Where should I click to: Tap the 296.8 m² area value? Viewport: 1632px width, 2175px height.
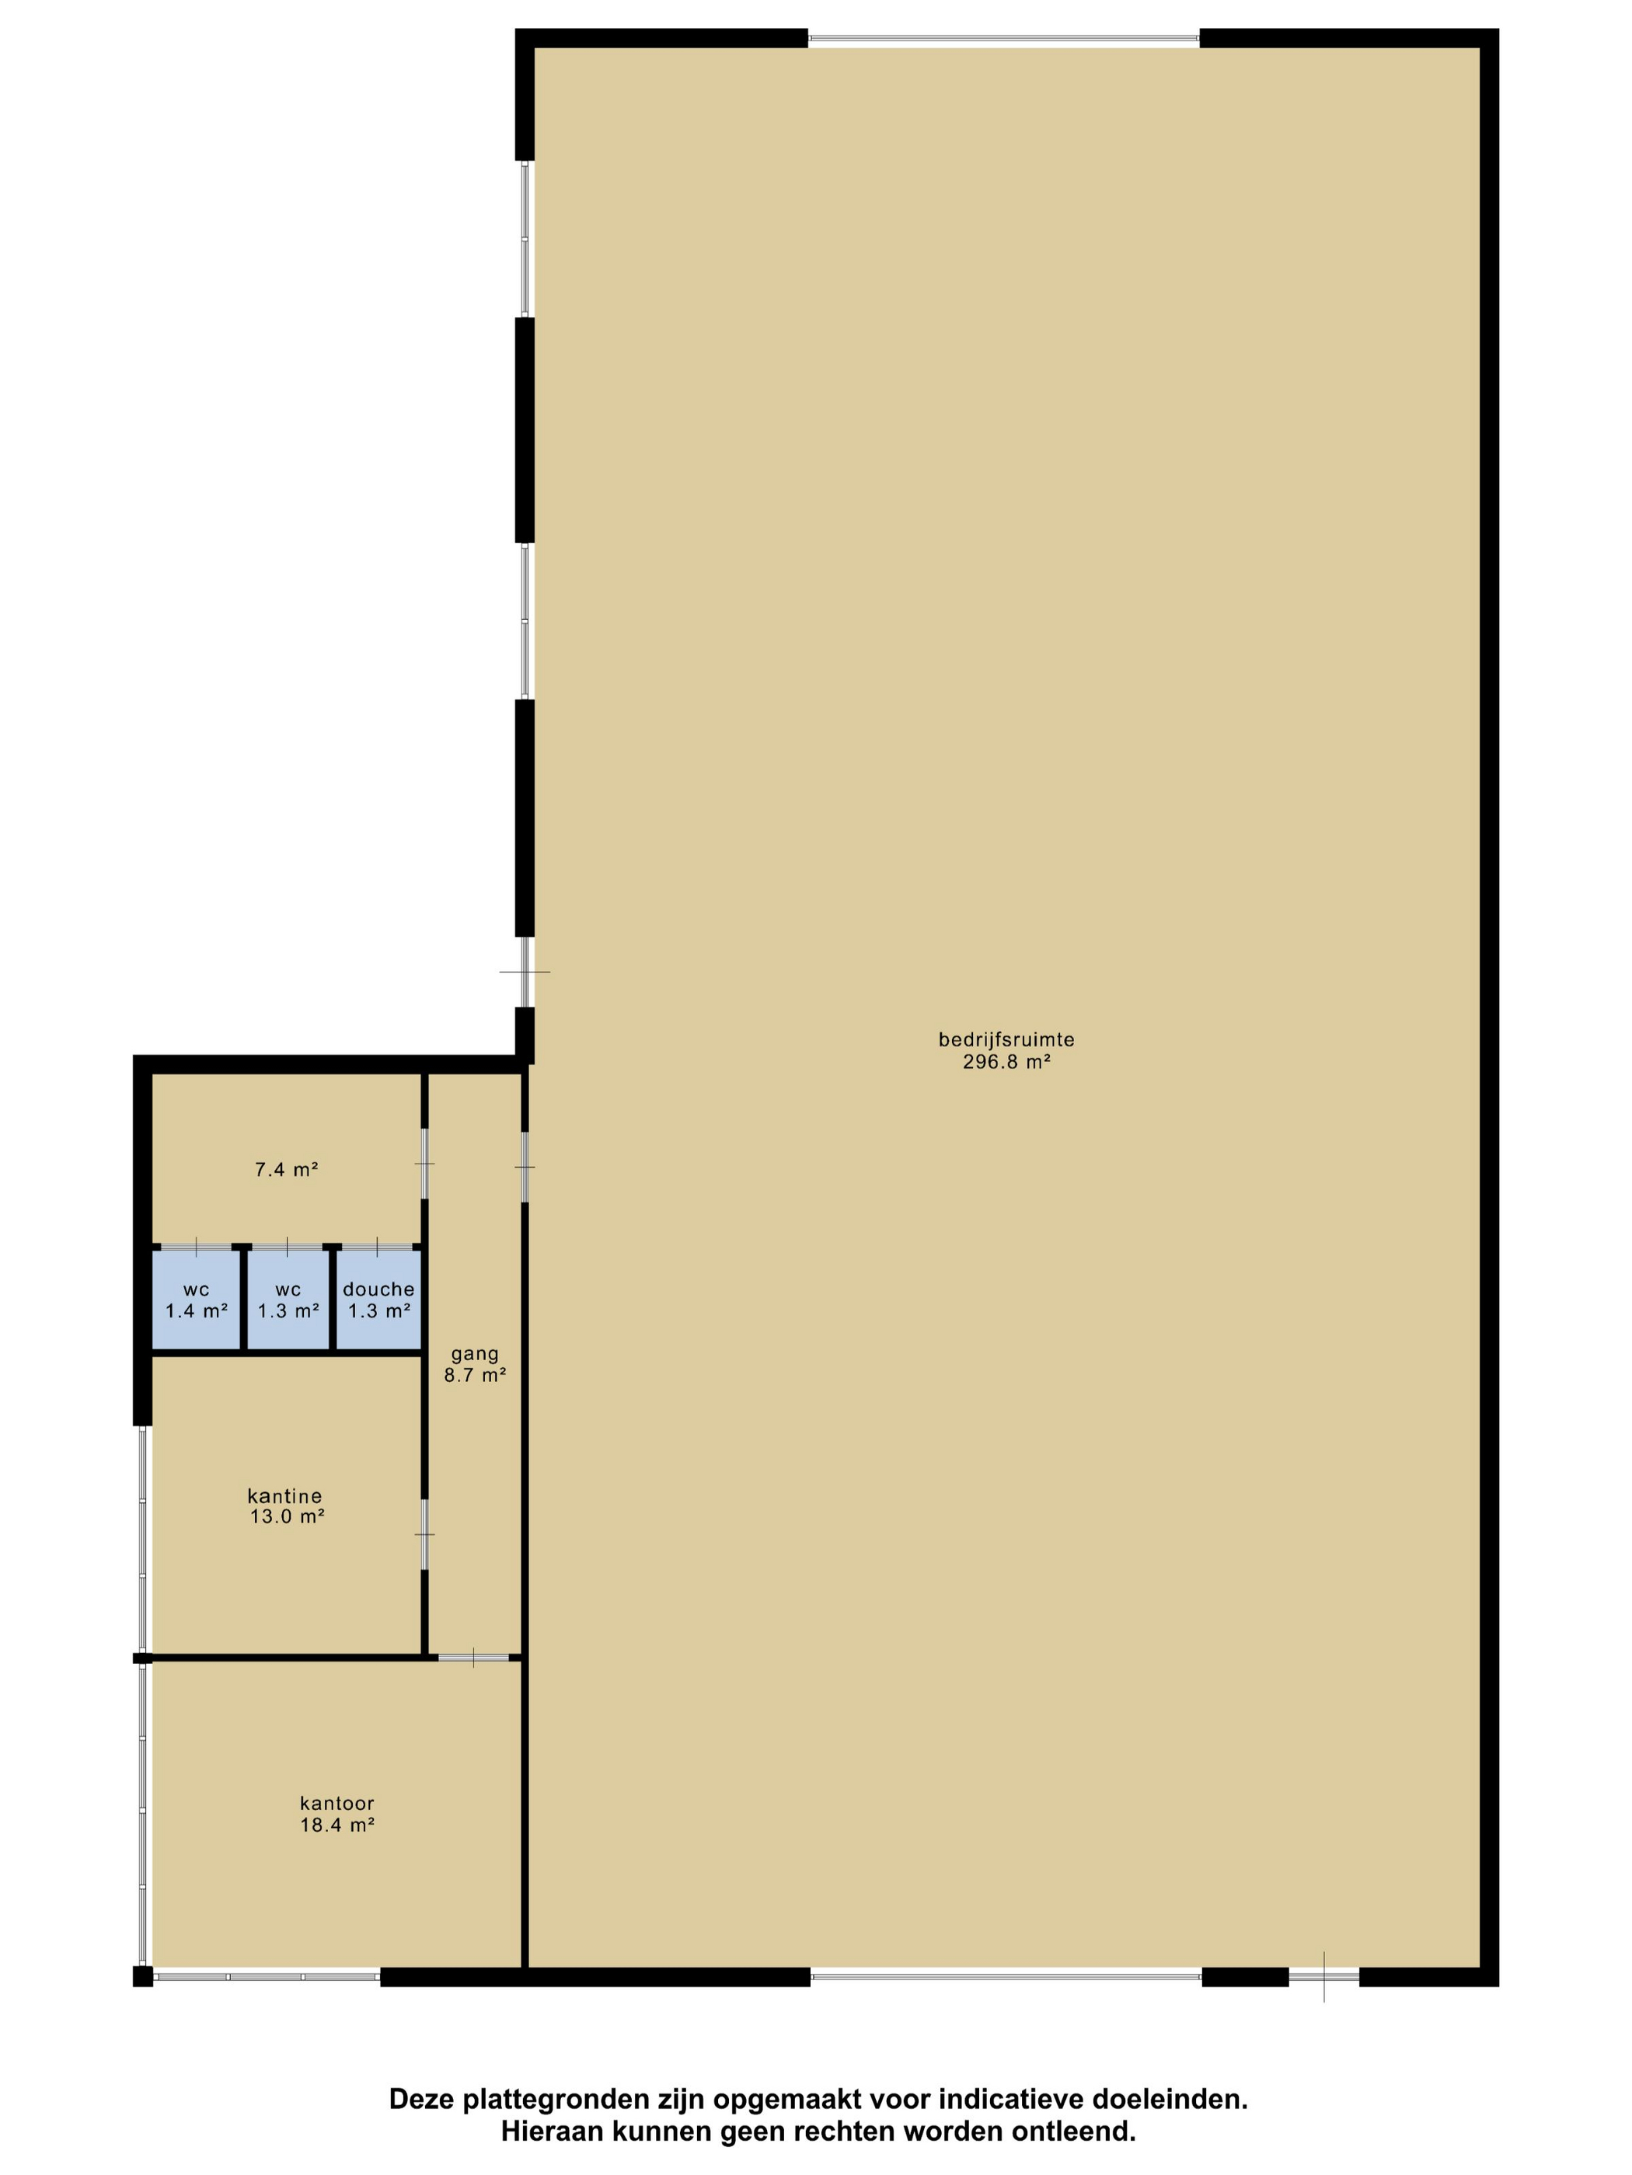[x=1006, y=1062]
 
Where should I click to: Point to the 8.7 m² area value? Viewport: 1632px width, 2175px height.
[x=475, y=1376]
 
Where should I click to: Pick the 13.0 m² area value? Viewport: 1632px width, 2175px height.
[x=288, y=1516]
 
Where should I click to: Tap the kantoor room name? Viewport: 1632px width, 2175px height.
[x=337, y=1804]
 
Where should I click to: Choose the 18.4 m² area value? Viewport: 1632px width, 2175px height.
[x=337, y=1825]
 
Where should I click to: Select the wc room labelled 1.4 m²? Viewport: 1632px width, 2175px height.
[x=197, y=1300]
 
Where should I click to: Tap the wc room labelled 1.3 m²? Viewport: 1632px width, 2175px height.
[x=288, y=1300]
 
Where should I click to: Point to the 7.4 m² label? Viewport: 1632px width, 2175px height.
[x=286, y=1170]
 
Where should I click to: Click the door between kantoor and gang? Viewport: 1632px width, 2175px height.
[x=474, y=1658]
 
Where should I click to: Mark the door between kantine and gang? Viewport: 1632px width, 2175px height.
[x=425, y=1534]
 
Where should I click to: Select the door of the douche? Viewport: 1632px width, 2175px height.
[x=378, y=1246]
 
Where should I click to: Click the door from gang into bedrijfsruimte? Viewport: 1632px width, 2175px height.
[x=525, y=1168]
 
